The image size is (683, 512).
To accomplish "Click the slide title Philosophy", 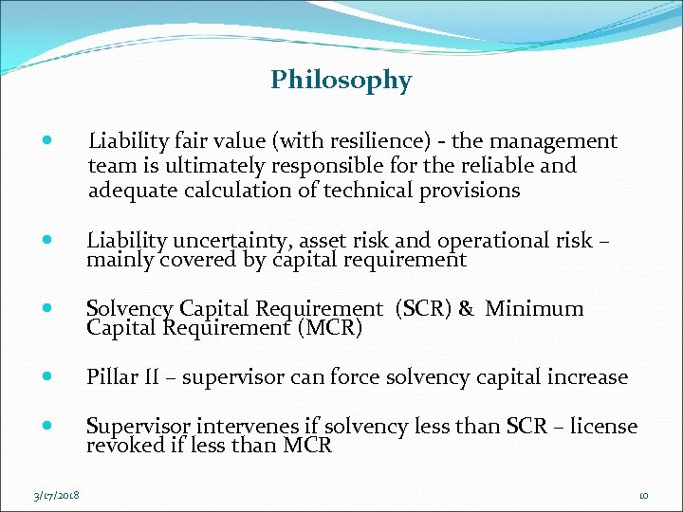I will (x=341, y=81).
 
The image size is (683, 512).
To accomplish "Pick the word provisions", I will (x=470, y=190).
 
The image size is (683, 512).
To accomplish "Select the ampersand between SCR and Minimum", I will (x=466, y=309).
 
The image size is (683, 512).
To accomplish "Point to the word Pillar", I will (x=112, y=377).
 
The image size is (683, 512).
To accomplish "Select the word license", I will (x=603, y=427).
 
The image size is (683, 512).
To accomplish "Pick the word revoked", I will (x=124, y=446).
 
